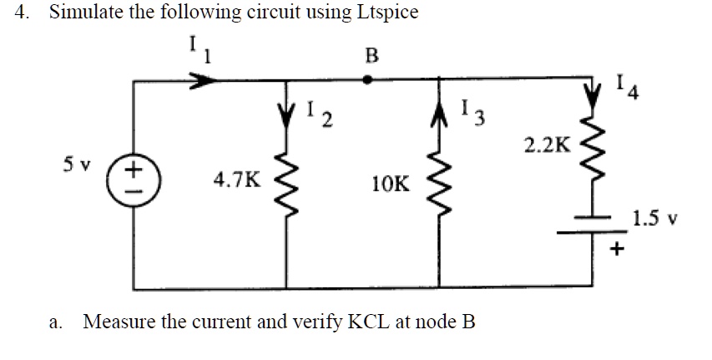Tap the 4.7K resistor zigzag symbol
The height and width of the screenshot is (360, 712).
pos(289,180)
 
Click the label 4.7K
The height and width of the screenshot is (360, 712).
pos(236,179)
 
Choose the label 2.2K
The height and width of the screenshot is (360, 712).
pos(547,145)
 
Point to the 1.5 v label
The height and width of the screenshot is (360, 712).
pos(659,220)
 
